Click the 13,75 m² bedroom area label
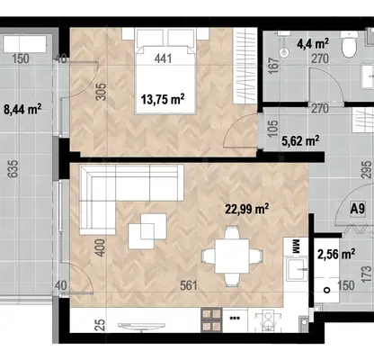163,99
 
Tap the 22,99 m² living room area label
247,209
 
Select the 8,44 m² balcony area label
22,109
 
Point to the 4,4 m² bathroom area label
313,44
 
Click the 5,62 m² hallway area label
300,140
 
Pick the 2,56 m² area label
336,255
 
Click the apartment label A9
358,208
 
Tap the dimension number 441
164,58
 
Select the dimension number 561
189,285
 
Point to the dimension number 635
13,169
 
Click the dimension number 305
102,92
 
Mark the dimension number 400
102,247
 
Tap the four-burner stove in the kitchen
212,319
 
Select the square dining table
232,256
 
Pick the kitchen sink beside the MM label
297,269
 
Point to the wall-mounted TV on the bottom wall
141,326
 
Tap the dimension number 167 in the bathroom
274,66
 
